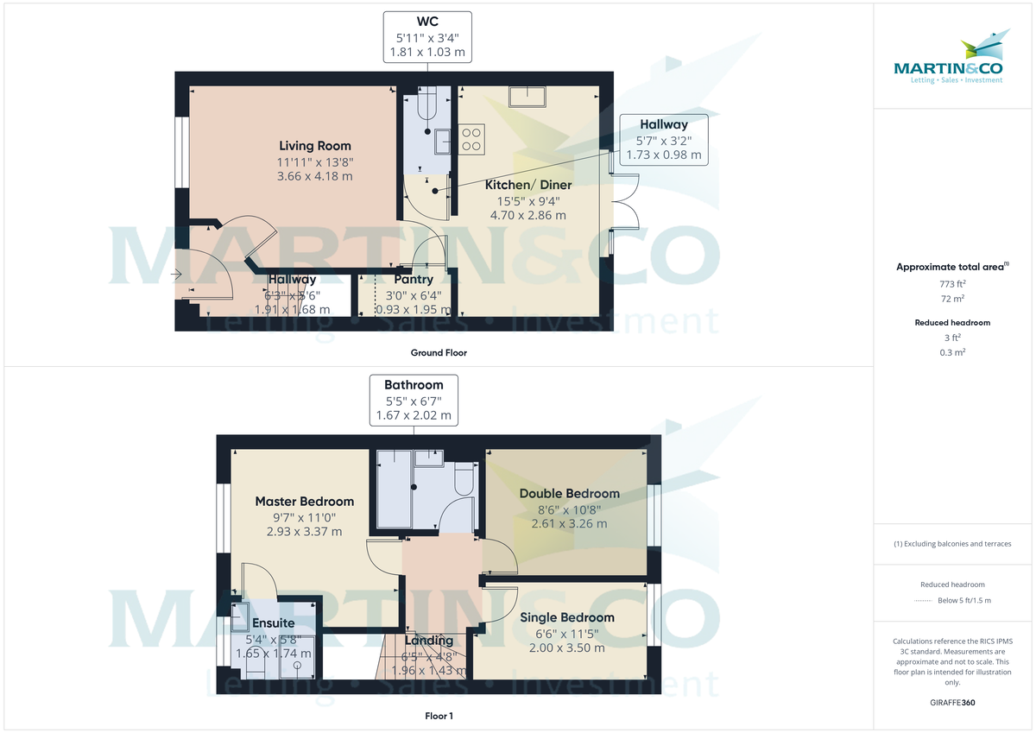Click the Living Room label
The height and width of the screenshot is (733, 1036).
click(315, 146)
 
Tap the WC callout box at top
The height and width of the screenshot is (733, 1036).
click(428, 36)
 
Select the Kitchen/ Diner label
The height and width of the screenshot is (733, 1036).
click(527, 185)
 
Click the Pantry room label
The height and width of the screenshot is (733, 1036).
click(413, 280)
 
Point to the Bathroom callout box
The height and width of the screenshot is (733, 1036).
click(414, 400)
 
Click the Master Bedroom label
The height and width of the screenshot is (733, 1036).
click(304, 501)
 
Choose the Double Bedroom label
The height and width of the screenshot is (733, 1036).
click(569, 494)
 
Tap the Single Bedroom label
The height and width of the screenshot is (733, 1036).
click(567, 617)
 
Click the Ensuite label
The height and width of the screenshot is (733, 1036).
click(274, 622)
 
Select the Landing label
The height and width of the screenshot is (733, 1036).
click(429, 641)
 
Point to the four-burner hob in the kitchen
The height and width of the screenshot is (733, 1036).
click(471, 139)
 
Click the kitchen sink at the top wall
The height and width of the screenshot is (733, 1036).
click(527, 96)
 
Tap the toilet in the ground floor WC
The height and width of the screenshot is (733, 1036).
click(427, 106)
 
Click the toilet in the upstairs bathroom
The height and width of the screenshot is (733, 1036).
click(462, 480)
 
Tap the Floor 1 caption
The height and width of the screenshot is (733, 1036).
click(439, 716)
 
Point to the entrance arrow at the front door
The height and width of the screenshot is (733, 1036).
click(178, 275)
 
